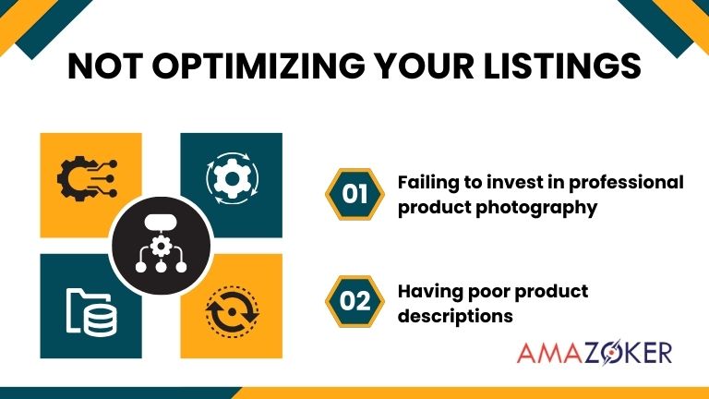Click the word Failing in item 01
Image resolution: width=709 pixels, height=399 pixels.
[x=426, y=182]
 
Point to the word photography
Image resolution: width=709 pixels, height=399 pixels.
[x=537, y=207]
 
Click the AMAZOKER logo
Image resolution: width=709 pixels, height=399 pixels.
[x=595, y=353]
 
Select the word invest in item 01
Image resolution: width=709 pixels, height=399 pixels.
[x=511, y=182]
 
